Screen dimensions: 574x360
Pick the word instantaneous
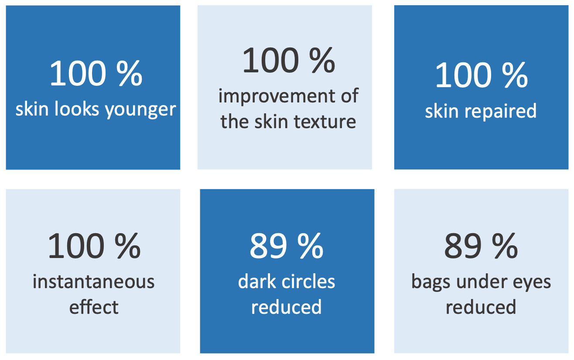tap(93, 282)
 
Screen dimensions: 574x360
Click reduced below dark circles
tap(286, 306)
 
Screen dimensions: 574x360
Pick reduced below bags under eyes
tap(481, 306)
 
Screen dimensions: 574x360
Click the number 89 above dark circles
tap(268, 246)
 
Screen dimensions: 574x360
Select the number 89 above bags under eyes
tap(463, 246)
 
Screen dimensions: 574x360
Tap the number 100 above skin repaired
tap(463, 75)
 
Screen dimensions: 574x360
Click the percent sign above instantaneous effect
tap(127, 246)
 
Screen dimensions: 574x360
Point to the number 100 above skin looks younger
tap(78, 73)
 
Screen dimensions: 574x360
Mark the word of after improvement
tap(349, 95)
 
